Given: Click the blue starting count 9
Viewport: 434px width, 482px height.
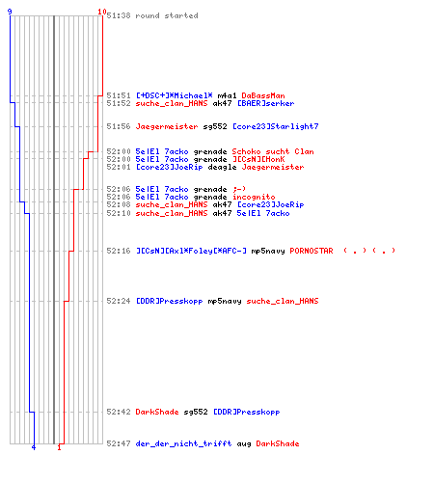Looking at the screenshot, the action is (10, 12).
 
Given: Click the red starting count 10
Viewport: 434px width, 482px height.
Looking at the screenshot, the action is (102, 12).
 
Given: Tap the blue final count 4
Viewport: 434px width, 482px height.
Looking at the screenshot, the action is (34, 447).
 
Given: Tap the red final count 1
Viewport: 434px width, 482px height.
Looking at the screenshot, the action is (59, 447).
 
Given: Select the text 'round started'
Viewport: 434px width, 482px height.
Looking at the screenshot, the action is (167, 15).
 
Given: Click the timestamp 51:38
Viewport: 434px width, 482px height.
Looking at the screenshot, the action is (119, 15).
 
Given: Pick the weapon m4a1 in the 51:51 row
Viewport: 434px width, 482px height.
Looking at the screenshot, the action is (227, 95).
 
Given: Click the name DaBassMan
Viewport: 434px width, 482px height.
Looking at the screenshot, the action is (263, 95).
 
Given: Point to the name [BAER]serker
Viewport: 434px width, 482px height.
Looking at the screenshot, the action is (265, 103).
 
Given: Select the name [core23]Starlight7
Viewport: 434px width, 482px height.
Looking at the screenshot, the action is (275, 126).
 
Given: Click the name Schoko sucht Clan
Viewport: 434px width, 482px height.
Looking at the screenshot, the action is (273, 151).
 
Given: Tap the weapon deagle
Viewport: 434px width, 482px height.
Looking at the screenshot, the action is (222, 167).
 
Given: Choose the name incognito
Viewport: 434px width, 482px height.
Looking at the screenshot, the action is (254, 197).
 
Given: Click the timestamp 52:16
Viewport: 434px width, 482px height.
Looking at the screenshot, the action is (119, 251).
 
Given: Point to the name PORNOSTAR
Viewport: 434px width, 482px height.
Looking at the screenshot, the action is (312, 251).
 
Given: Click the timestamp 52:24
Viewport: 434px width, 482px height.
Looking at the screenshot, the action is (119, 301).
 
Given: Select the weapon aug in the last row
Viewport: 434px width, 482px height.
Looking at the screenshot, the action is (244, 443).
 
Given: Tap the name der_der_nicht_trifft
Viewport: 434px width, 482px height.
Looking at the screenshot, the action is (183, 443).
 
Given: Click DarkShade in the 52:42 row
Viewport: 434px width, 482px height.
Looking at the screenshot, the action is (157, 412).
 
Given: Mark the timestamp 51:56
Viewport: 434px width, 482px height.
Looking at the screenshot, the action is (119, 126).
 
